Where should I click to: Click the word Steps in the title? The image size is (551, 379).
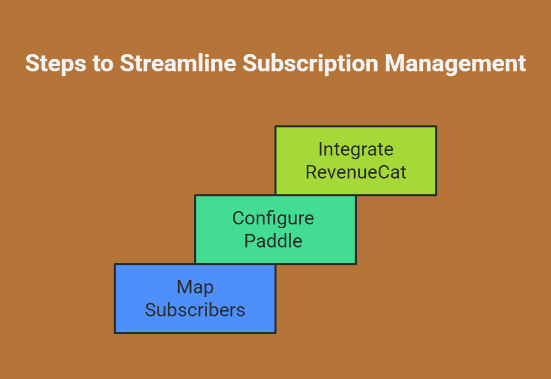pyautogui.click(x=56, y=64)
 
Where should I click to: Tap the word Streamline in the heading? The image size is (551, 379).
pyautogui.click(x=178, y=64)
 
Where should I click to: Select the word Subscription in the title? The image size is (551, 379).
pyautogui.click(x=310, y=64)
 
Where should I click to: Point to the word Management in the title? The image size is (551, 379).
pyautogui.click(x=455, y=64)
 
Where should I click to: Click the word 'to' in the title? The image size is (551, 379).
pyautogui.click(x=103, y=64)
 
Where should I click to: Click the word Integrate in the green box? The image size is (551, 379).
pyautogui.click(x=356, y=150)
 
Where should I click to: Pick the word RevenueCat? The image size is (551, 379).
pyautogui.click(x=356, y=172)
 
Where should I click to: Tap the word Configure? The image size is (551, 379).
pyautogui.click(x=273, y=219)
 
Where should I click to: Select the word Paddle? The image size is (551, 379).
pyautogui.click(x=273, y=241)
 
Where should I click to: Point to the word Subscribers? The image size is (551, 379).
pyautogui.click(x=195, y=310)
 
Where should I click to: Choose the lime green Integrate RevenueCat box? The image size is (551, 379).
pyautogui.click(x=356, y=160)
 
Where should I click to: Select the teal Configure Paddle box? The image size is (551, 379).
pyautogui.click(x=275, y=229)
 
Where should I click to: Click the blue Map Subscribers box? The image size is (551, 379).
pyautogui.click(x=195, y=298)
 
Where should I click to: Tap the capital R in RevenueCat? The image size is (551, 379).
pyautogui.click(x=312, y=172)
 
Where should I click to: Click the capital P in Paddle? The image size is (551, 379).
pyautogui.click(x=250, y=241)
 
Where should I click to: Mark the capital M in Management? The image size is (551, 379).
pyautogui.click(x=394, y=64)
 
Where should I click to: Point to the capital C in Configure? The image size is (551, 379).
pyautogui.click(x=238, y=218)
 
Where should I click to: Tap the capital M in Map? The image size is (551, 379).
pyautogui.click(x=185, y=287)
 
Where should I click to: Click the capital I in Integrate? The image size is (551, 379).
pyautogui.click(x=320, y=149)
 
